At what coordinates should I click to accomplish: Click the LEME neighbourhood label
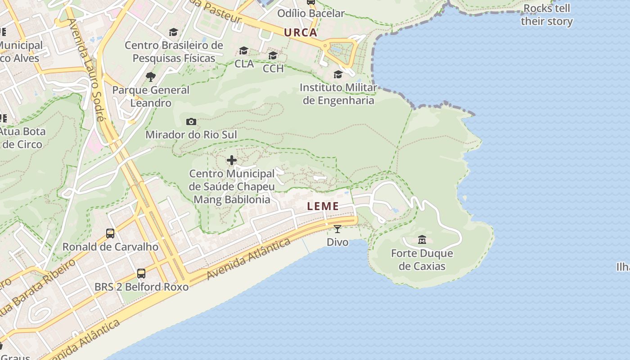[x=323, y=207]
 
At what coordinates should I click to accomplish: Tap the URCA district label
[x=301, y=33]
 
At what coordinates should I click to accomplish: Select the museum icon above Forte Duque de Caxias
[x=422, y=239]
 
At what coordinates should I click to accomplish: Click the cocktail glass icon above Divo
[x=337, y=229]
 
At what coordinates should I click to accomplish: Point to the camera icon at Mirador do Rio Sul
[x=191, y=121]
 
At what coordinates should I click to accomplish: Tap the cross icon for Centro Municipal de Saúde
[x=232, y=160]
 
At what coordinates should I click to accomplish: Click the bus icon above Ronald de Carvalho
[x=110, y=233]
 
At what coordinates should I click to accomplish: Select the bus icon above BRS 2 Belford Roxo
[x=141, y=273]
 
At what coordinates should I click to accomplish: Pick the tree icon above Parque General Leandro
[x=151, y=77]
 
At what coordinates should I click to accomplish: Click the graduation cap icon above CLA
[x=244, y=50]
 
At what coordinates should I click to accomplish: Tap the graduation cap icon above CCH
[x=273, y=55]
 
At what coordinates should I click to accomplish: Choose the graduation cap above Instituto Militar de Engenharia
[x=338, y=74]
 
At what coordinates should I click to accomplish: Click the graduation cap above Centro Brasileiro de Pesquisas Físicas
[x=174, y=32]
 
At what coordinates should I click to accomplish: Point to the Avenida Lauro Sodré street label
[x=86, y=70]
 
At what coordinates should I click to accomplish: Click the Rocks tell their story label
[x=547, y=15]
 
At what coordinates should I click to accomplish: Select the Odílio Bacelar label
[x=310, y=13]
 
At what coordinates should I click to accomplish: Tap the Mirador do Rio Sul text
[x=191, y=135]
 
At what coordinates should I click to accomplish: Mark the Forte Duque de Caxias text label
[x=422, y=260]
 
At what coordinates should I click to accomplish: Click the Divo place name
[x=337, y=242]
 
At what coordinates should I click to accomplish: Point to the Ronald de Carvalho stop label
[x=110, y=247]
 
